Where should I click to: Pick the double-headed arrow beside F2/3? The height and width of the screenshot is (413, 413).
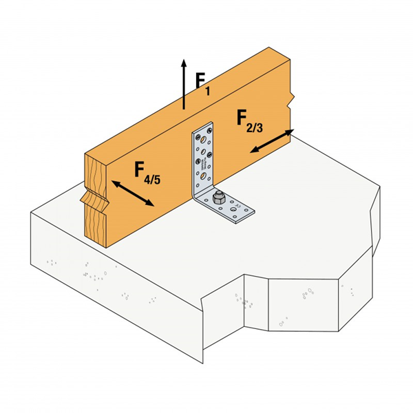tap(272, 140)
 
